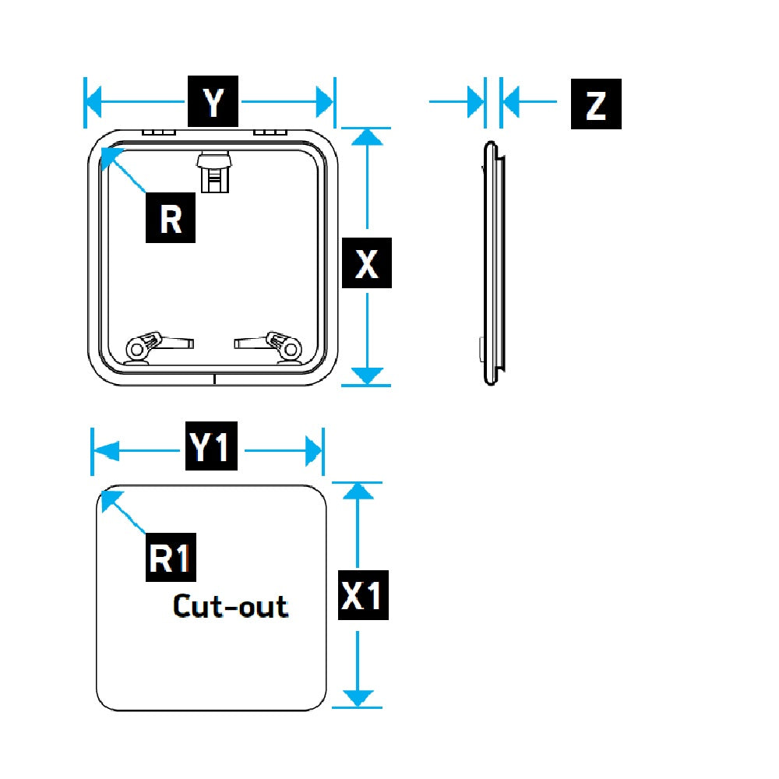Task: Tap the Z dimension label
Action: click(x=596, y=104)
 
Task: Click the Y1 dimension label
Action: click(x=211, y=449)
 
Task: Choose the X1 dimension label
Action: click(x=364, y=596)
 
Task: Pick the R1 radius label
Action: click(x=171, y=558)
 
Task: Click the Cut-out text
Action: click(x=230, y=606)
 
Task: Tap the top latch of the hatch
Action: click(x=214, y=171)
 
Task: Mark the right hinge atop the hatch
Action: click(x=270, y=133)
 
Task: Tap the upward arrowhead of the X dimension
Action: click(x=367, y=137)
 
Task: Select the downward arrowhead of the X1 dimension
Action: click(x=357, y=698)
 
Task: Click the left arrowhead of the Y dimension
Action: click(x=94, y=101)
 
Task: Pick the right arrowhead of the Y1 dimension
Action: click(x=314, y=450)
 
